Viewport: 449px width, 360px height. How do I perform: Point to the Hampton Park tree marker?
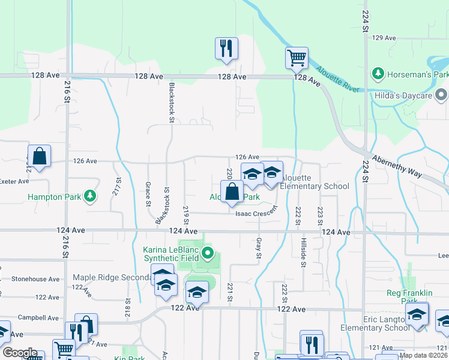90,196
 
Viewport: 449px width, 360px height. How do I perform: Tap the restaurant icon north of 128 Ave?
227,49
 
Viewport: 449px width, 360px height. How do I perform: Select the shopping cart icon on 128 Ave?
297,58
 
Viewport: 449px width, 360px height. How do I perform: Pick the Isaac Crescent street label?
256,212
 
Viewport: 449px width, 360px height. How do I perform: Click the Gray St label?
259,247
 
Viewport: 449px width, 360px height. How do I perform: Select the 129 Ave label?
384,38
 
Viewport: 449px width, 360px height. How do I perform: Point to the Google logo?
19,353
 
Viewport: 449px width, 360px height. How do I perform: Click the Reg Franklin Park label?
409,297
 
